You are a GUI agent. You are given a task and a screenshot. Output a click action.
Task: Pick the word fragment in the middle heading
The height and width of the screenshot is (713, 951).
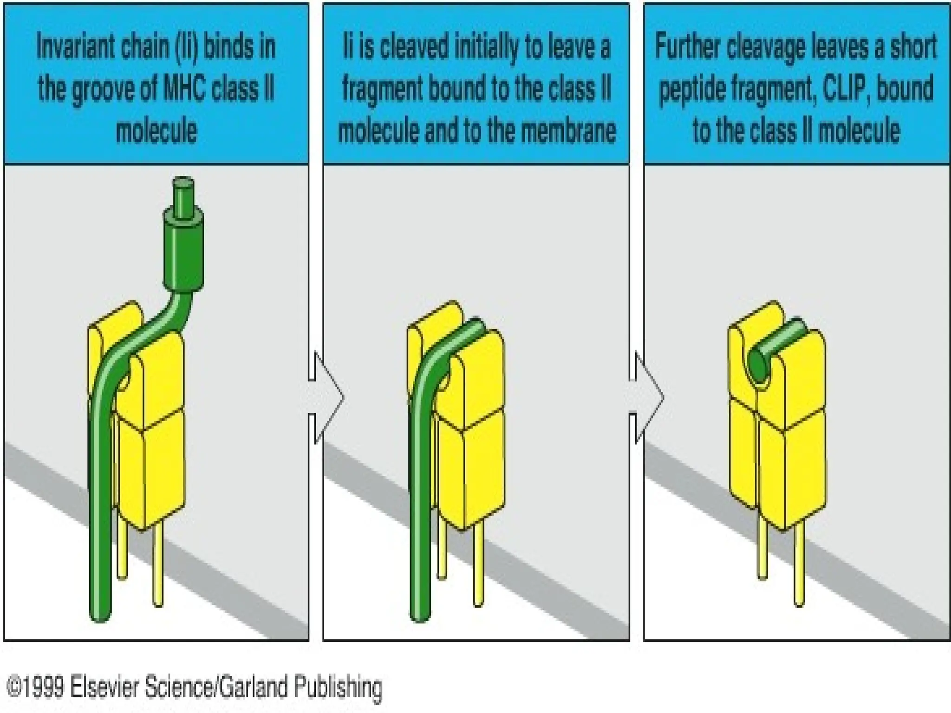click(x=382, y=89)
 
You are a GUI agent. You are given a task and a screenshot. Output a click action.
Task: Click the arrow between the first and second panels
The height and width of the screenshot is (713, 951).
click(x=326, y=397)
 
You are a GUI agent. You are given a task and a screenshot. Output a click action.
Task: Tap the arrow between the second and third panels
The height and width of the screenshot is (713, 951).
click(x=647, y=397)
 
